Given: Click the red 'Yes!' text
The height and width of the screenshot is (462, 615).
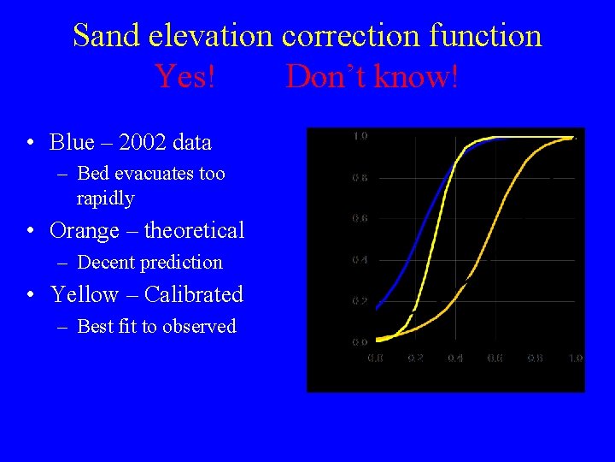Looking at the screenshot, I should click(x=185, y=77).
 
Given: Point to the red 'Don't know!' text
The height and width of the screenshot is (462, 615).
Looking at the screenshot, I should click(x=372, y=77).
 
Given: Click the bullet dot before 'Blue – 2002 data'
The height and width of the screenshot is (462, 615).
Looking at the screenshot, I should click(x=30, y=142).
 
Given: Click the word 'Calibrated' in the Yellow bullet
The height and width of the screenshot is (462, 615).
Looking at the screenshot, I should click(x=194, y=294).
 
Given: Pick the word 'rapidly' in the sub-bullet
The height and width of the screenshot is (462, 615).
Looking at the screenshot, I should click(x=105, y=198).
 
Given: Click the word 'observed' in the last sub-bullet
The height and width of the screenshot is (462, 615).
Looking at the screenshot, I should click(x=202, y=326).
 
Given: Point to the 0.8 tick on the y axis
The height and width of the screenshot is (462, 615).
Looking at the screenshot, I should click(x=360, y=178).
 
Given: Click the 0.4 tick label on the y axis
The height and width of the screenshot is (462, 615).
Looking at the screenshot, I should click(x=360, y=260).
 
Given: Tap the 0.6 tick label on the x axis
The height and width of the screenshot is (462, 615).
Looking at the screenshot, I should click(x=495, y=358).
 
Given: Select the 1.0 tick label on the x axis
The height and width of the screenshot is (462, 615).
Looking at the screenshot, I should click(x=575, y=358).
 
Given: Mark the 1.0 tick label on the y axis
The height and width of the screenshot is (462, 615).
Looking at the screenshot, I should click(x=360, y=137).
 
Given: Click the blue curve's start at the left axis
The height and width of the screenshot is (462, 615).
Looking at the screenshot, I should click(x=377, y=307).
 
